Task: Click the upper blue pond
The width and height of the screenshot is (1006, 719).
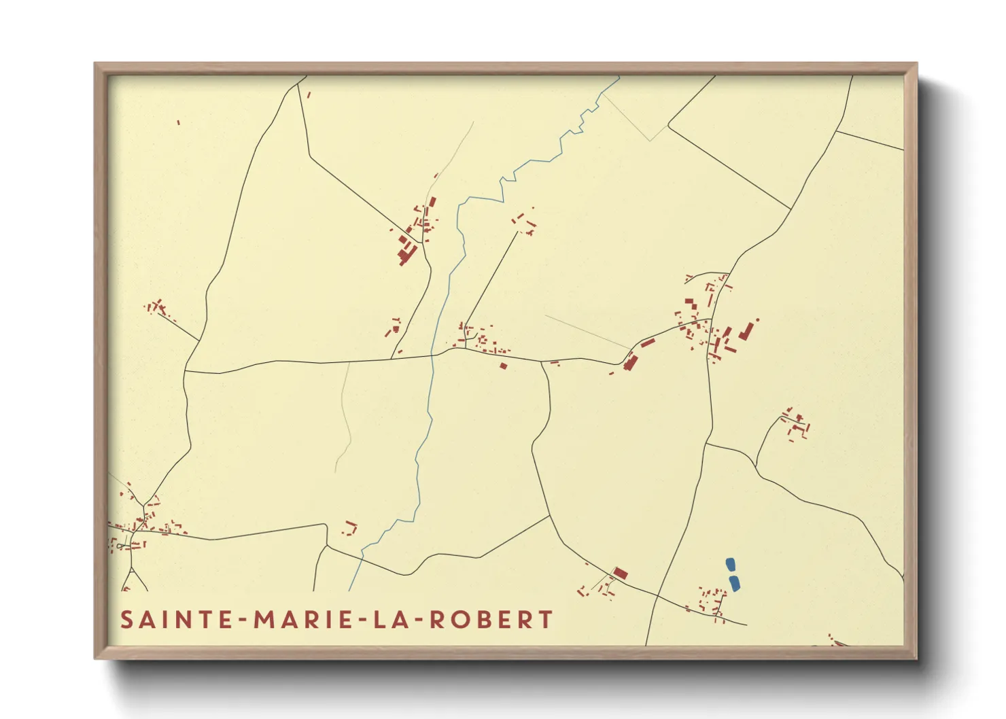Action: pos(730,565)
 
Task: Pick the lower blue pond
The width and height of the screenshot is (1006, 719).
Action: pos(734,583)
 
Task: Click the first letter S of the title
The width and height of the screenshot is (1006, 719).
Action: pos(126,620)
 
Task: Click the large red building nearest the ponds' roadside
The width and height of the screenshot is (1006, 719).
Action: pos(620,573)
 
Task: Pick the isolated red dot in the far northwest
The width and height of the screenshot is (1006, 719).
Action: pos(178,122)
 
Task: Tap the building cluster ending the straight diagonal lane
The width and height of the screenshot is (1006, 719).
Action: pos(524,223)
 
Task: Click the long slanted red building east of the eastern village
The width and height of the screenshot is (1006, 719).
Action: pos(747,330)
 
